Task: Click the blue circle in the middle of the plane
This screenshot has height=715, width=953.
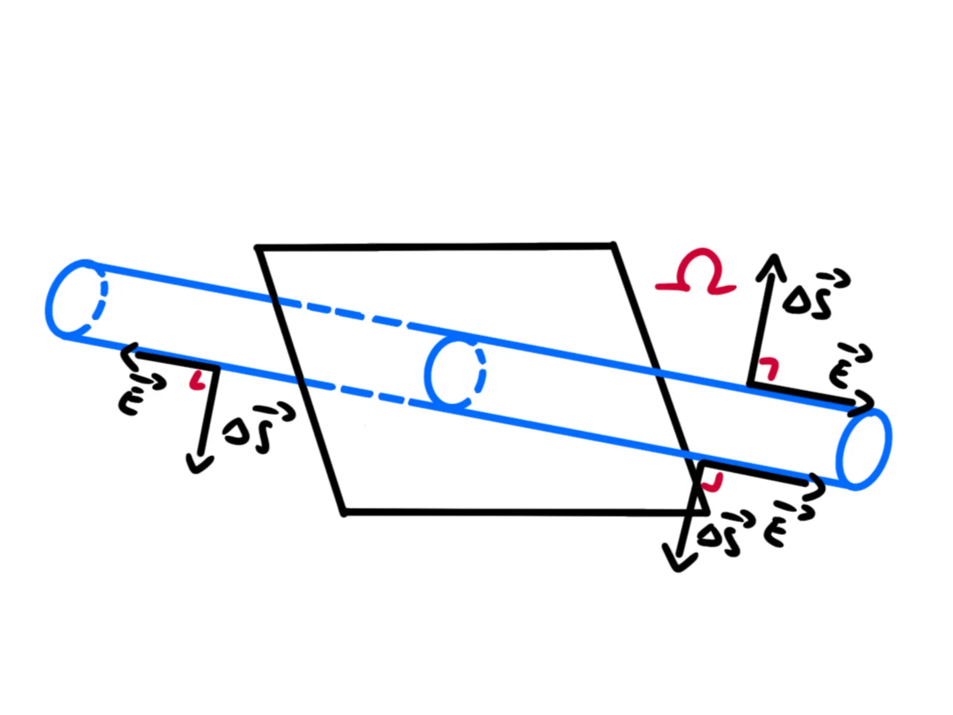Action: point(455,372)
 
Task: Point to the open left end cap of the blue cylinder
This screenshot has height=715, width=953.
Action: point(76,298)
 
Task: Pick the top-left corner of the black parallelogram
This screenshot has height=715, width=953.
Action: point(258,248)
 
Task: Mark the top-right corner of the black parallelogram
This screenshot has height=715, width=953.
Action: point(614,246)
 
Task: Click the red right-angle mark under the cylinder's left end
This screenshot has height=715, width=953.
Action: point(197,381)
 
